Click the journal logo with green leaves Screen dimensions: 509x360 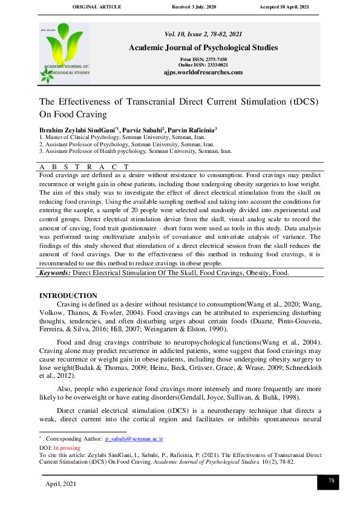65,53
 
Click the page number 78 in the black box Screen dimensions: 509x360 331,481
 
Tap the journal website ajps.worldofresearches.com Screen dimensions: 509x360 203,73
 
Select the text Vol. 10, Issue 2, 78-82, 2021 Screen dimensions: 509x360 203,34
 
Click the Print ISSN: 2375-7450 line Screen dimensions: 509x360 203,59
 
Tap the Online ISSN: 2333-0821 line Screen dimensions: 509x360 203,65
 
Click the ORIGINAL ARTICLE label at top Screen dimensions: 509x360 97,7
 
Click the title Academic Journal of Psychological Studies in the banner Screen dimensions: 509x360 203,48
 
